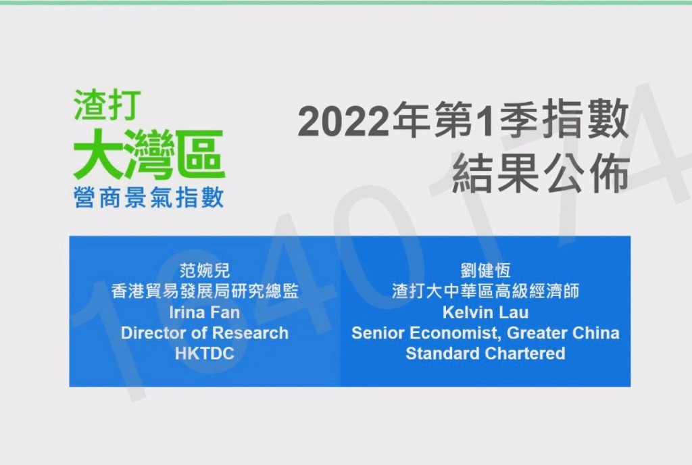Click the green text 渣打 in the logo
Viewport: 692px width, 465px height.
point(107,105)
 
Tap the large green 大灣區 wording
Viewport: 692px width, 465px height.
point(149,154)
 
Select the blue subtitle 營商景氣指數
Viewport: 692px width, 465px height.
point(149,197)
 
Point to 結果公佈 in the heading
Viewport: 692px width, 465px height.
point(541,173)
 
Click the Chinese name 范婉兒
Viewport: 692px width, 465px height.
point(204,270)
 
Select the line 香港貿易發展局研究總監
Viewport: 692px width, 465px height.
point(205,291)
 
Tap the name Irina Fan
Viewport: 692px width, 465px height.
point(204,312)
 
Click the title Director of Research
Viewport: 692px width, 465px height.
point(204,333)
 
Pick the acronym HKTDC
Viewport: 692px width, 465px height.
point(204,353)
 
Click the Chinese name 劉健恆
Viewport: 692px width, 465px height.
point(485,270)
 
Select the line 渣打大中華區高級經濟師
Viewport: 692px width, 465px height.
point(485,291)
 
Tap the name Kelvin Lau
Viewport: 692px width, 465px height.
point(485,312)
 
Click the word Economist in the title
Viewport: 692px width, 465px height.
point(455,333)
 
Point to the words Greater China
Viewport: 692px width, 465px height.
point(563,333)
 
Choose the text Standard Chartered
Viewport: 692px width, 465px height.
point(485,353)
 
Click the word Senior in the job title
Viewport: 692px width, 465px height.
point(378,333)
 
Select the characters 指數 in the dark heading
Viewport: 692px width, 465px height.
point(586,121)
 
